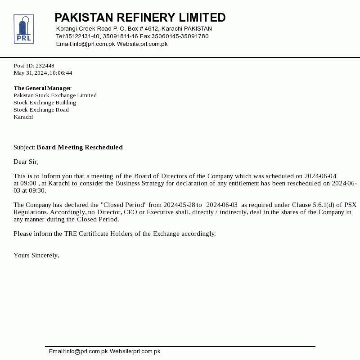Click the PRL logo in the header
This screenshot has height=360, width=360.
pyautogui.click(x=23, y=29)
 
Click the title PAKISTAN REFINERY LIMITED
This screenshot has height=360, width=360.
pyautogui.click(x=140, y=18)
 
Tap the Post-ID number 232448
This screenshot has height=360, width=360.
pyautogui.click(x=45, y=66)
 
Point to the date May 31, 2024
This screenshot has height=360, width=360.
pyautogui.click(x=31, y=73)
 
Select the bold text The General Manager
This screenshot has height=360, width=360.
pyautogui.click(x=42, y=88)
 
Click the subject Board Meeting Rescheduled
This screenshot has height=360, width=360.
pyautogui.click(x=80, y=147)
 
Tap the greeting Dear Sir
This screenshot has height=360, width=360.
pyautogui.click(x=26, y=162)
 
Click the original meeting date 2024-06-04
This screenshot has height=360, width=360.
pyautogui.click(x=320, y=176)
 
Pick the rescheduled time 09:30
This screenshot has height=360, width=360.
pyautogui.click(x=37, y=190)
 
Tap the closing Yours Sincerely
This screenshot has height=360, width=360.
pyautogui.click(x=36, y=255)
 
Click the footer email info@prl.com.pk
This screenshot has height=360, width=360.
pyautogui.click(x=78, y=351)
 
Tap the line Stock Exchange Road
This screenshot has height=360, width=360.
pyautogui.click(x=41, y=110)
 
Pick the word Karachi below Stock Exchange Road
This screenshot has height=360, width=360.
pyautogui.click(x=23, y=117)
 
